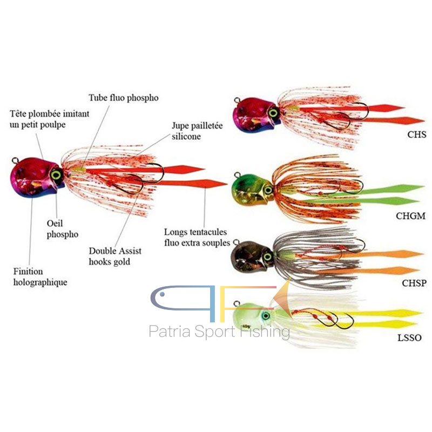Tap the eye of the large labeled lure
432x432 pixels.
click(56, 174)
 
